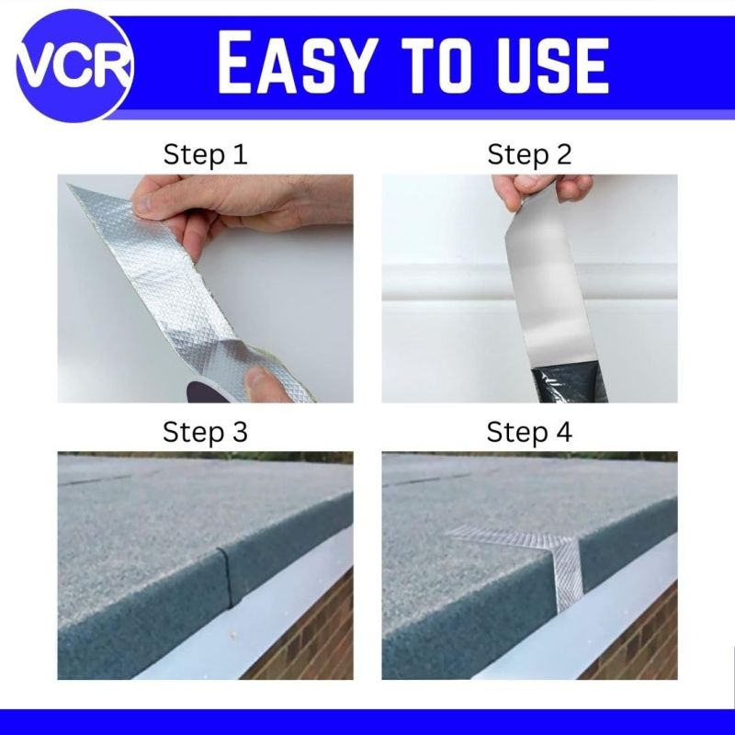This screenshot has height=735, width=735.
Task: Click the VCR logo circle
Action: click(x=74, y=64)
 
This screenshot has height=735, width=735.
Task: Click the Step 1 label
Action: click(x=205, y=154)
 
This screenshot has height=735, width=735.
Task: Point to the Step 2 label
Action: click(x=530, y=154)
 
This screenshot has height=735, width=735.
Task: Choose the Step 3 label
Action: click(x=205, y=432)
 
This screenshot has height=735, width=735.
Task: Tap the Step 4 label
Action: click(x=529, y=432)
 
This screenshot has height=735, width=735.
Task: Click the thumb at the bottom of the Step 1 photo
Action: click(x=265, y=383)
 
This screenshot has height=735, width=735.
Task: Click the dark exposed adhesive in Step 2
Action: click(x=569, y=385)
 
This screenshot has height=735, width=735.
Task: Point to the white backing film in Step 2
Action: click(x=549, y=290)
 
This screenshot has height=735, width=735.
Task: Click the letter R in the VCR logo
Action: click(x=111, y=65)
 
